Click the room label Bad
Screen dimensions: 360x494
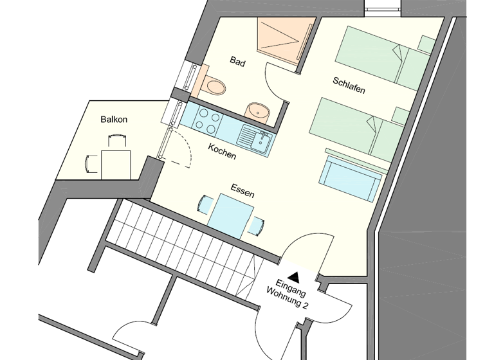click(238, 62)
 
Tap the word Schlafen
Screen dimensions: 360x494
click(349, 85)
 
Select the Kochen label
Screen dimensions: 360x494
click(222, 152)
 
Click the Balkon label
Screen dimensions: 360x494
click(114, 120)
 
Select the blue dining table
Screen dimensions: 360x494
click(230, 217)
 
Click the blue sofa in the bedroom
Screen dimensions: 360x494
click(351, 177)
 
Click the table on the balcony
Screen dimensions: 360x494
click(116, 163)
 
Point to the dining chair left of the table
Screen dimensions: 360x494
click(205, 206)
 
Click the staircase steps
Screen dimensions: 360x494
click(187, 238)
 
